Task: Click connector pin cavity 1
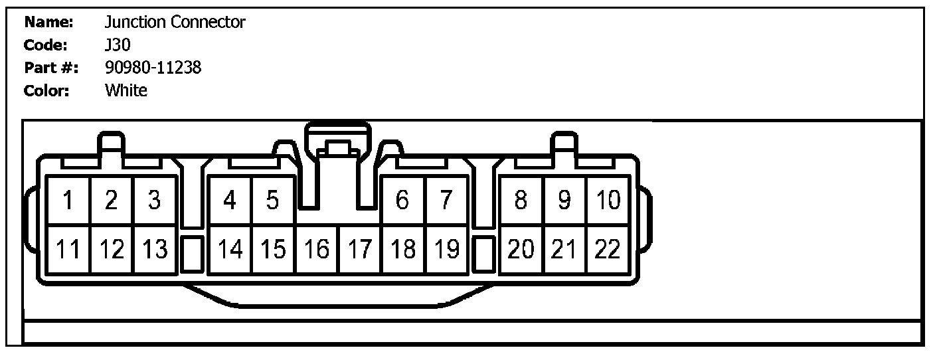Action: [x=68, y=200]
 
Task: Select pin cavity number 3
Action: [x=155, y=200]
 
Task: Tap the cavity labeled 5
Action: [x=272, y=200]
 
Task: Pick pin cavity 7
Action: [x=446, y=200]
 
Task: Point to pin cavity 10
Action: [x=608, y=200]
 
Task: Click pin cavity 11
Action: [x=68, y=249]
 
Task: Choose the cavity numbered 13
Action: [x=155, y=249]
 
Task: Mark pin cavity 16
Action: [x=317, y=249]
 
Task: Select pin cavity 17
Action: [x=360, y=249]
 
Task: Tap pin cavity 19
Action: [x=447, y=249]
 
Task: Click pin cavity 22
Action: [x=608, y=249]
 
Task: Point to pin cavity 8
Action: [x=521, y=200]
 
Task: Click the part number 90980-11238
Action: [x=153, y=67]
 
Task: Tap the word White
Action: [x=126, y=90]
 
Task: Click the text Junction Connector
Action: [x=175, y=23]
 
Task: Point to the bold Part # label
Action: [x=51, y=68]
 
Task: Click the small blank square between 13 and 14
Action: [x=191, y=253]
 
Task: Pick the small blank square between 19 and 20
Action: [x=486, y=253]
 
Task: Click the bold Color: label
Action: [x=47, y=90]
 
